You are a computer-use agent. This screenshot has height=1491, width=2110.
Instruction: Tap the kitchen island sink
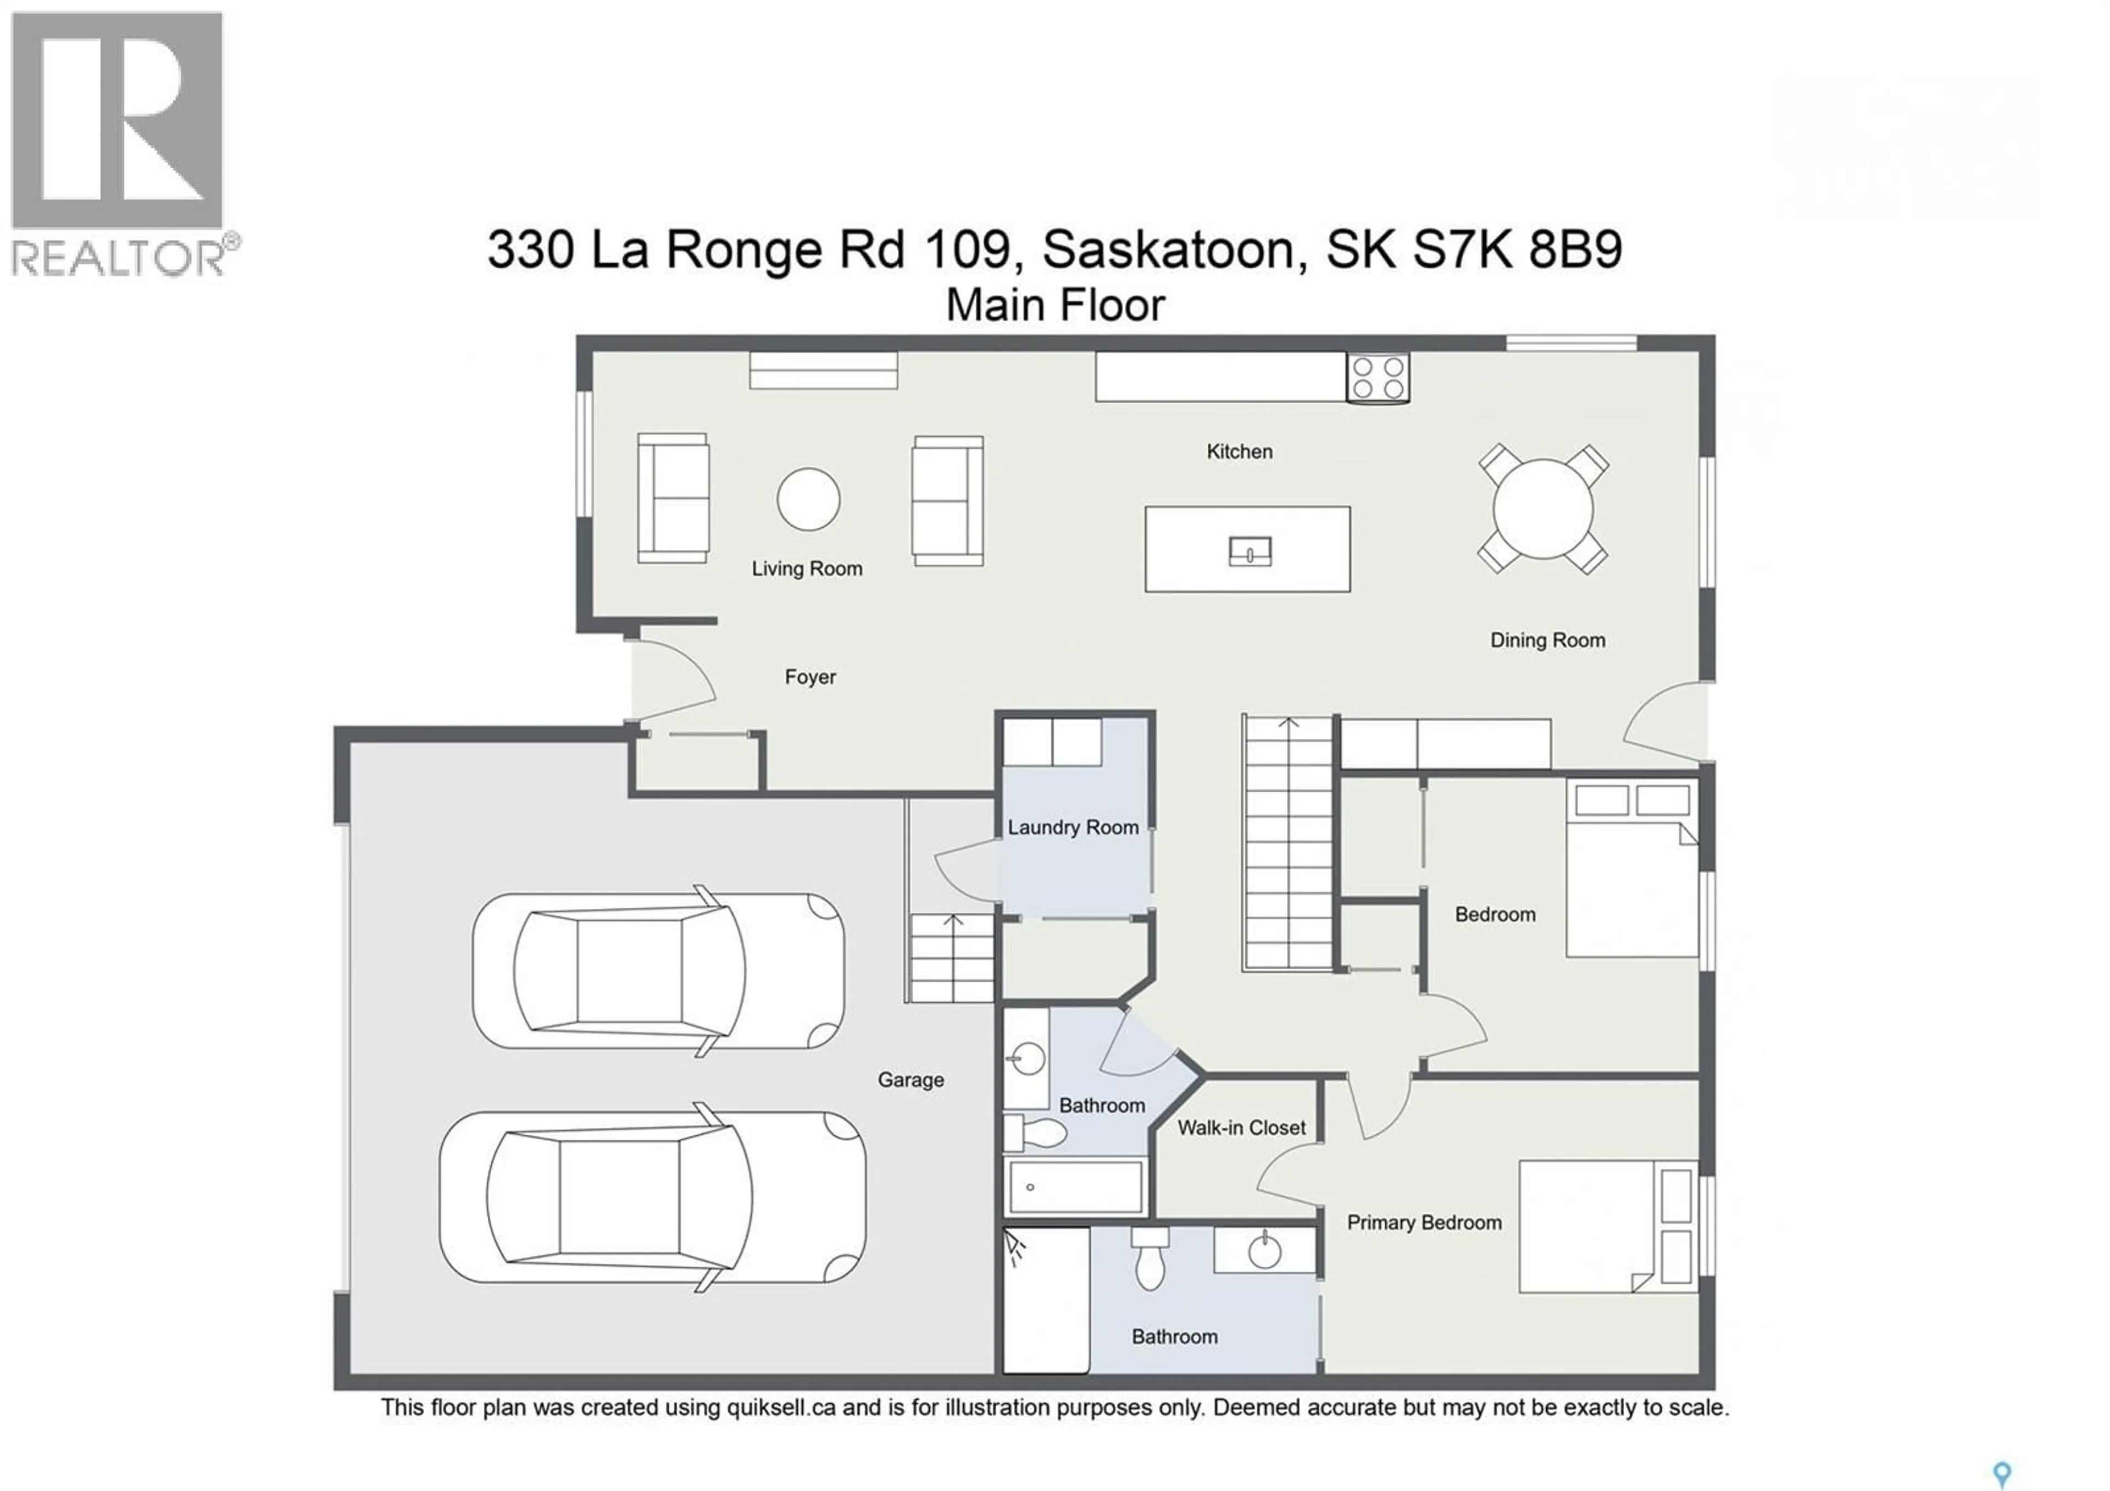[x=1250, y=551]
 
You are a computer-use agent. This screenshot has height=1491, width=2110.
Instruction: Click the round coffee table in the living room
[x=808, y=499]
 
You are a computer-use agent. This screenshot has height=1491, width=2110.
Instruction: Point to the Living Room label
[x=807, y=569]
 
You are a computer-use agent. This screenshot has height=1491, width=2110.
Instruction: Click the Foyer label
[x=809, y=677]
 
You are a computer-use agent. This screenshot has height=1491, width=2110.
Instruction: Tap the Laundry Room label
[x=1073, y=827]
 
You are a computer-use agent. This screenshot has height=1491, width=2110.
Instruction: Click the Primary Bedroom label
[x=1424, y=1223]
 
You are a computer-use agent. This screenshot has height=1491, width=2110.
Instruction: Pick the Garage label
[x=910, y=1080]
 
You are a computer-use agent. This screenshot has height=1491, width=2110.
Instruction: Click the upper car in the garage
[x=658, y=971]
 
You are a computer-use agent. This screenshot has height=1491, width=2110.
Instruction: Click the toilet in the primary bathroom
[x=1150, y=1262]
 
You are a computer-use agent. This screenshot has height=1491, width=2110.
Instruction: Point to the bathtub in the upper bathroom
[x=1074, y=1187]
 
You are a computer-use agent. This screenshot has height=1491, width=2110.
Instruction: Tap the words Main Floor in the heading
[x=1055, y=305]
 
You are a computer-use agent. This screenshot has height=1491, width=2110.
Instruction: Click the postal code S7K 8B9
[x=1517, y=249]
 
